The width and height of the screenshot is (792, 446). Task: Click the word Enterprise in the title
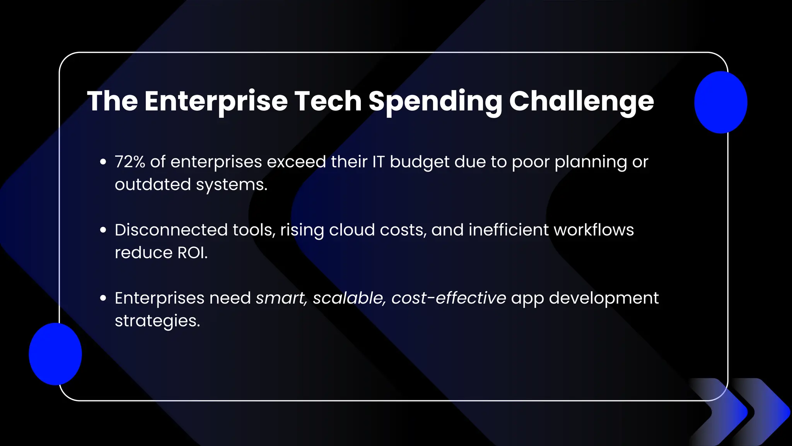pyautogui.click(x=216, y=101)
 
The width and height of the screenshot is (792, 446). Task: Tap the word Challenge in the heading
pyautogui.click(x=581, y=101)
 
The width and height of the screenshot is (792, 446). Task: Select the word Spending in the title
pyautogui.click(x=435, y=101)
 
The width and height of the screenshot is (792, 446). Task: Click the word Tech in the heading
pyautogui.click(x=328, y=101)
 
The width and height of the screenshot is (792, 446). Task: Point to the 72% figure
pyautogui.click(x=130, y=162)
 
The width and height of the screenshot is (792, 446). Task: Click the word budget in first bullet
pyautogui.click(x=419, y=162)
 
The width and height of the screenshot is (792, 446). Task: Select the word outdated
pyautogui.click(x=153, y=184)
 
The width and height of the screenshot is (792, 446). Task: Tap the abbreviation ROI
pyautogui.click(x=192, y=253)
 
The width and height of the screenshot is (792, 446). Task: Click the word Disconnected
pyautogui.click(x=171, y=230)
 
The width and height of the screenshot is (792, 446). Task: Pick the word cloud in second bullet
pyautogui.click(x=352, y=230)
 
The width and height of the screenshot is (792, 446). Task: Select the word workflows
pyautogui.click(x=594, y=230)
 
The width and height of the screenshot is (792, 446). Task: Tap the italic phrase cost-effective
pyautogui.click(x=448, y=298)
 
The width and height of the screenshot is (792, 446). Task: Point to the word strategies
pyautogui.click(x=157, y=321)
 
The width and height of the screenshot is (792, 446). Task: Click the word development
pyautogui.click(x=603, y=298)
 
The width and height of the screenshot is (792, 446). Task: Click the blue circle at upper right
pyautogui.click(x=720, y=102)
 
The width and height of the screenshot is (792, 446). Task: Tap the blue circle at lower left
pyautogui.click(x=55, y=354)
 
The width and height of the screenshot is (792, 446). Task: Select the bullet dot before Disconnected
pyautogui.click(x=103, y=230)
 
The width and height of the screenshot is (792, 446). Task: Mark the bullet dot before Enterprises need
pyautogui.click(x=103, y=298)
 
